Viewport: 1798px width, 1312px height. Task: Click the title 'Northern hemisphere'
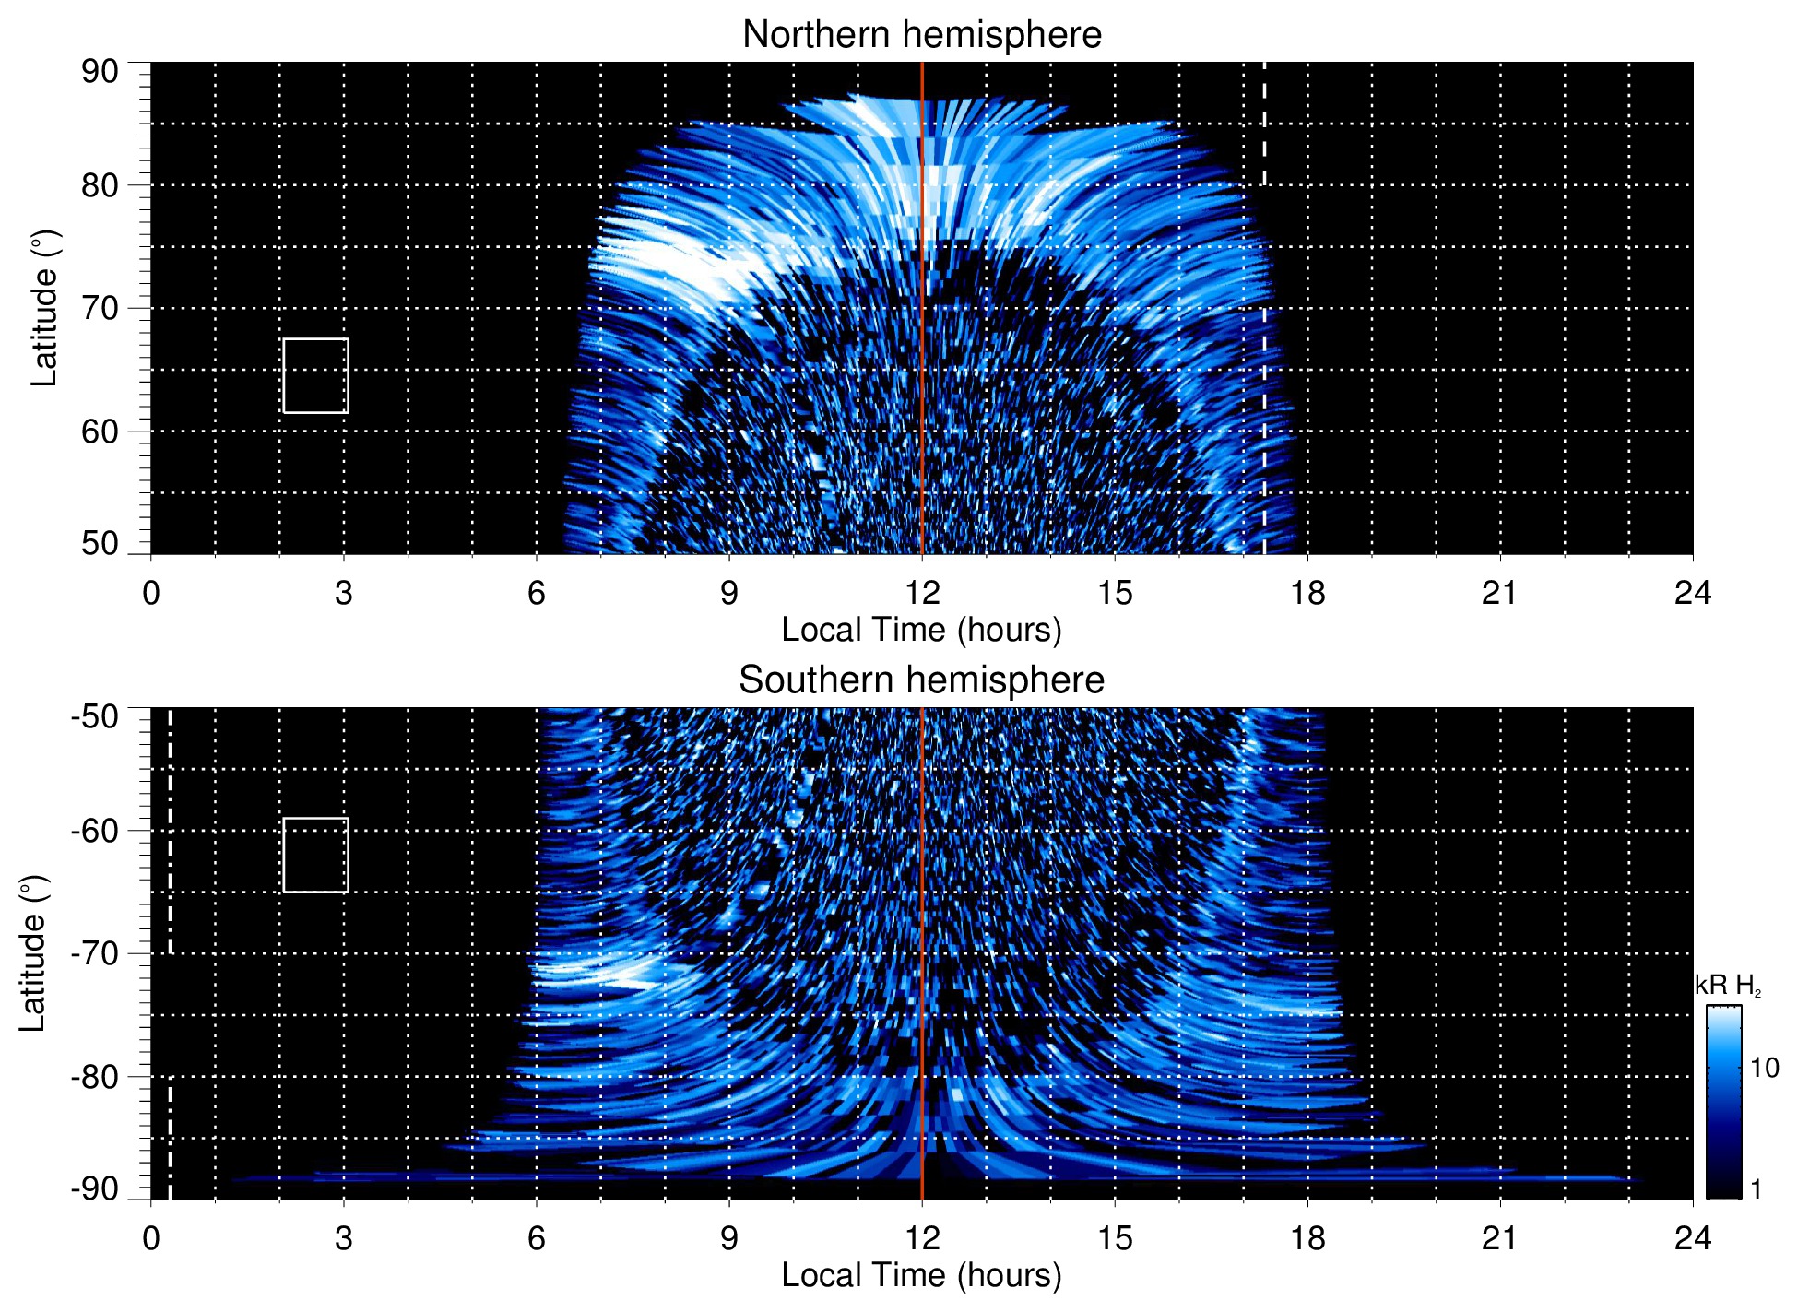921,35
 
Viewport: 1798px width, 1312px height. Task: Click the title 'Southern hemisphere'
921,680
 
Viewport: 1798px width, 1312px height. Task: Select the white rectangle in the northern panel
315,375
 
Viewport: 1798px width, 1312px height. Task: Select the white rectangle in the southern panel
315,855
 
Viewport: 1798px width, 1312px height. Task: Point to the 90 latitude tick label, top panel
100,72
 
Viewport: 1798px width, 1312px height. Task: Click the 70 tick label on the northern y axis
100,309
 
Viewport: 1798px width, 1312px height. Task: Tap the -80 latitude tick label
95,1077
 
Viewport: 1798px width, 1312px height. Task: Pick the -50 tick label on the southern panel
95,716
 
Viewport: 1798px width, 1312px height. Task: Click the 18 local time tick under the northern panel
1307,593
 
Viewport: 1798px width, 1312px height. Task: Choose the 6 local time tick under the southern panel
537,1238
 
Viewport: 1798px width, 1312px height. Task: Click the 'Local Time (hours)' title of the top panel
921,630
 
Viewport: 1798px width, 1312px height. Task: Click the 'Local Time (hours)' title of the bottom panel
921,1275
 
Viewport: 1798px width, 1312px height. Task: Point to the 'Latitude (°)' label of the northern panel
44,308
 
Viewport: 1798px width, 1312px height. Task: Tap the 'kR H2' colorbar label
1728,986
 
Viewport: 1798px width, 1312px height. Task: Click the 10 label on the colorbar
1764,1068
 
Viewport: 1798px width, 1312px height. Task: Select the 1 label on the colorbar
1756,1189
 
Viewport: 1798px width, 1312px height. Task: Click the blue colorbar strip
1722,1102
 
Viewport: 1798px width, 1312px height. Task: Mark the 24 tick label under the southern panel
1693,1238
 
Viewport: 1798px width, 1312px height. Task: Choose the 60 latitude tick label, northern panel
100,431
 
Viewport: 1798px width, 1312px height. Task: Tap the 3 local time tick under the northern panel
344,593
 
